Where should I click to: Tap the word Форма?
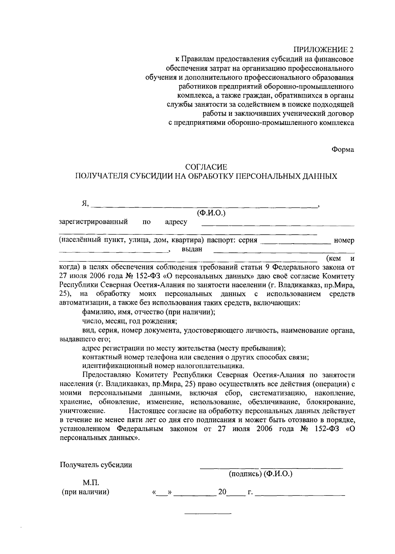[x=343, y=150]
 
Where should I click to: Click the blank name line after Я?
[x=204, y=206]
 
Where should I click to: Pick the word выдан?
[x=192, y=249]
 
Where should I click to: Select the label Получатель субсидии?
[x=96, y=465]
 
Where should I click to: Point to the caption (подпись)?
[x=245, y=474]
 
